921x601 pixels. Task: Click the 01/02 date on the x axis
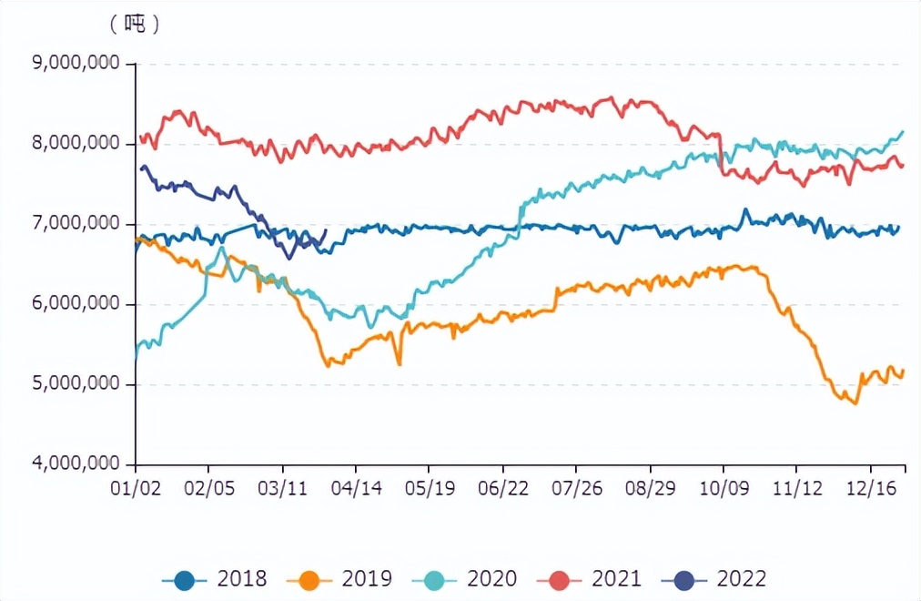pyautogui.click(x=136, y=489)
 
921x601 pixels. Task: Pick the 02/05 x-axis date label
pyautogui.click(x=209, y=489)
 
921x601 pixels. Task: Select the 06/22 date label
pyautogui.click(x=503, y=489)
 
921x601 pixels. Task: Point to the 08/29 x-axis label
pyautogui.click(x=650, y=489)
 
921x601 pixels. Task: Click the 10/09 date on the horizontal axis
pyautogui.click(x=724, y=489)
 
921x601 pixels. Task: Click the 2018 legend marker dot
pyautogui.click(x=185, y=579)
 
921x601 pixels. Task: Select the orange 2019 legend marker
pyautogui.click(x=309, y=579)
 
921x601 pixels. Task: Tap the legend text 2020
pyautogui.click(x=491, y=579)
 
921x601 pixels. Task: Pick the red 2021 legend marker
pyautogui.click(x=559, y=579)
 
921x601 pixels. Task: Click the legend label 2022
pyautogui.click(x=741, y=579)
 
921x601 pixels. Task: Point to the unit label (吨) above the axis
pyautogui.click(x=135, y=25)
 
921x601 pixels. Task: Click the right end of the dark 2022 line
pyautogui.click(x=326, y=230)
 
